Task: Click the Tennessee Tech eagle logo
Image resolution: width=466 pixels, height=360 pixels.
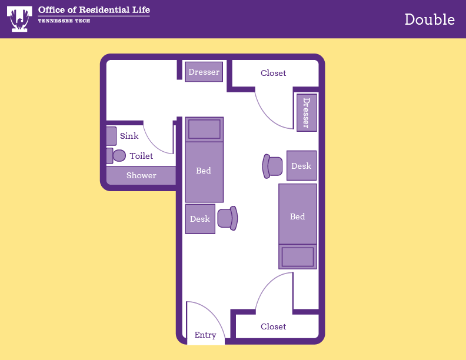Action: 19,19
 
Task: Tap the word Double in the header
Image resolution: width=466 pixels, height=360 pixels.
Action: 430,19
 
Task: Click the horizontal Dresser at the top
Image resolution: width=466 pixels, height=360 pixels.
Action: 204,72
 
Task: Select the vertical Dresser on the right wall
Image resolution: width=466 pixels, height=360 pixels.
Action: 307,112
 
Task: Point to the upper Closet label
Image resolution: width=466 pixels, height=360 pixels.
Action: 273,73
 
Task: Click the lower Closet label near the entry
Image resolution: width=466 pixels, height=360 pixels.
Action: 273,326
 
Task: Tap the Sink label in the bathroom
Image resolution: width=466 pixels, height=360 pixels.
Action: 129,136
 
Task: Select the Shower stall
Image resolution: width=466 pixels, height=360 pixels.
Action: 141,175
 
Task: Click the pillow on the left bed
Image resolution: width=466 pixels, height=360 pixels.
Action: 204,129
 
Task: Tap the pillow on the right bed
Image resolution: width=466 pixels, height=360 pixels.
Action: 298,256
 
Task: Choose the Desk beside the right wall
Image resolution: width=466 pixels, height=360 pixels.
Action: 301,165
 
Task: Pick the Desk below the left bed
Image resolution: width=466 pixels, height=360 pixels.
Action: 200,219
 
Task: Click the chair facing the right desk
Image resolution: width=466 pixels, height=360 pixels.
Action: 272,166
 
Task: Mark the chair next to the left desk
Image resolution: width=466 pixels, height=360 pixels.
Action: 228,218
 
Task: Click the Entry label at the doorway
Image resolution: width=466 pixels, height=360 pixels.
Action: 205,335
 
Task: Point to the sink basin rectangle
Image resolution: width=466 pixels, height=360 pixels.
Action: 111,136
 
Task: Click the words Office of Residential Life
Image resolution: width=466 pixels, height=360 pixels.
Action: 94,10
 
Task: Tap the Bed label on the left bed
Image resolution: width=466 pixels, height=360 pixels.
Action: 204,171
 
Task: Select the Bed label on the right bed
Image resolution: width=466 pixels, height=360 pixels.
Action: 298,216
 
